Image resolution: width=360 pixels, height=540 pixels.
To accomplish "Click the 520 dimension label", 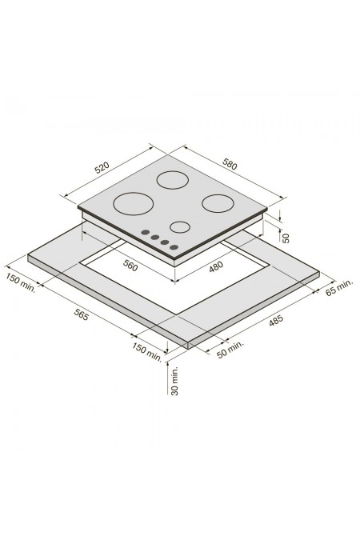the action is coord(102,167).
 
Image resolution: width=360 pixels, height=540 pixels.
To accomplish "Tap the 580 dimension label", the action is coord(230,164).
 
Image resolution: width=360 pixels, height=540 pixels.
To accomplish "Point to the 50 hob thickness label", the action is coord(286,238).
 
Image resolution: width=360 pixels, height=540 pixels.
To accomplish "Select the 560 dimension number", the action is coord(130,265).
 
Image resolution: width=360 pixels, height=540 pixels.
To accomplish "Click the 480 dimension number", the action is coord(216,266).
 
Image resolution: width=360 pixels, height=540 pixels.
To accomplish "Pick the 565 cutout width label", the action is coord(82,314).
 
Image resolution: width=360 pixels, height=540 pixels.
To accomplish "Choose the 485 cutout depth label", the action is coord(276,320).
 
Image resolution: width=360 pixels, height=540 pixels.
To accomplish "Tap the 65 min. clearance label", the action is coord(339,287).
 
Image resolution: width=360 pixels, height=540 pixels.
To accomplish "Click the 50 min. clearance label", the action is coord(230,350).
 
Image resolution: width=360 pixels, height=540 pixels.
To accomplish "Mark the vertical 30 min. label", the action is coord(175,381).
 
